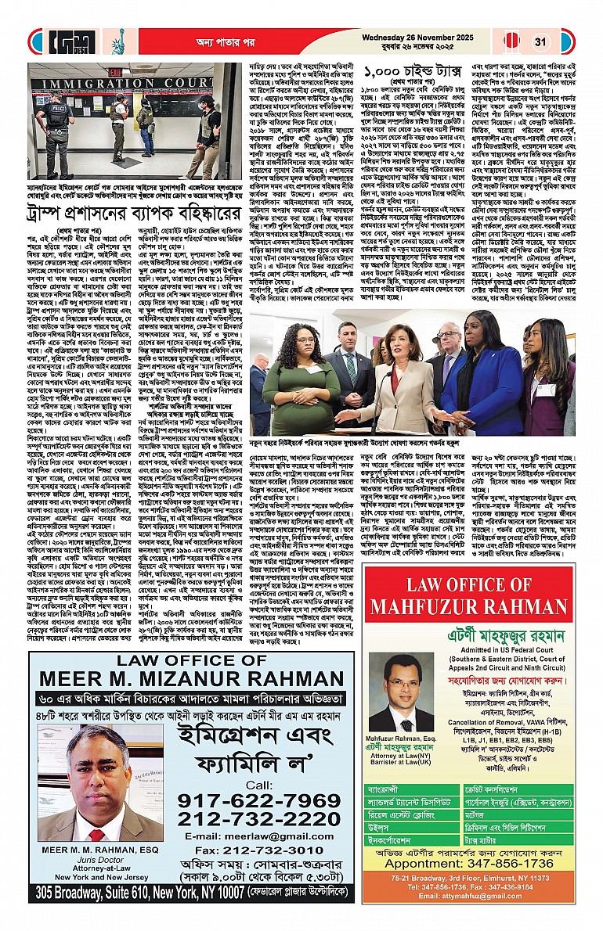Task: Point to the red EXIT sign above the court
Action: pyautogui.click(x=114, y=71)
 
